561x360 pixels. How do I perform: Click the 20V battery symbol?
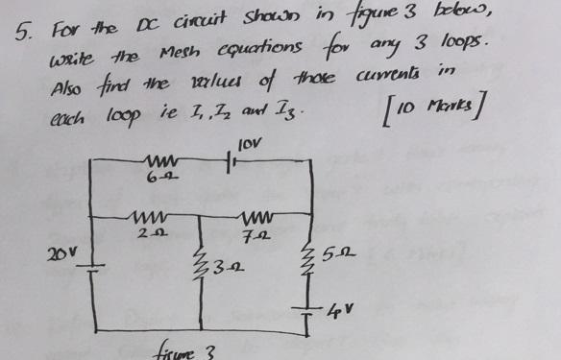tap(89, 271)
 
